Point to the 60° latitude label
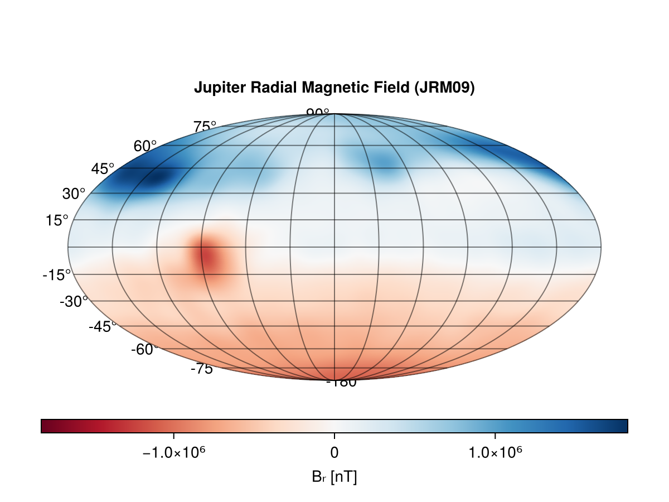[x=145, y=146]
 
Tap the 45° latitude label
[x=103, y=168]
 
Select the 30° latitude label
[x=74, y=194]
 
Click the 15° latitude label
[x=57, y=220]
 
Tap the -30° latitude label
[x=74, y=301]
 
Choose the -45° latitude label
[x=102, y=326]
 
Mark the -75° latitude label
[x=201, y=369]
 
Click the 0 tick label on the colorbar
[x=334, y=452]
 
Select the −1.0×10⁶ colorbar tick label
[x=174, y=452]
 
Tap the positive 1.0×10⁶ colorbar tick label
[x=495, y=452]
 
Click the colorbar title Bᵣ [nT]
[x=334, y=477]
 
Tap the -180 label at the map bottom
[x=341, y=383]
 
